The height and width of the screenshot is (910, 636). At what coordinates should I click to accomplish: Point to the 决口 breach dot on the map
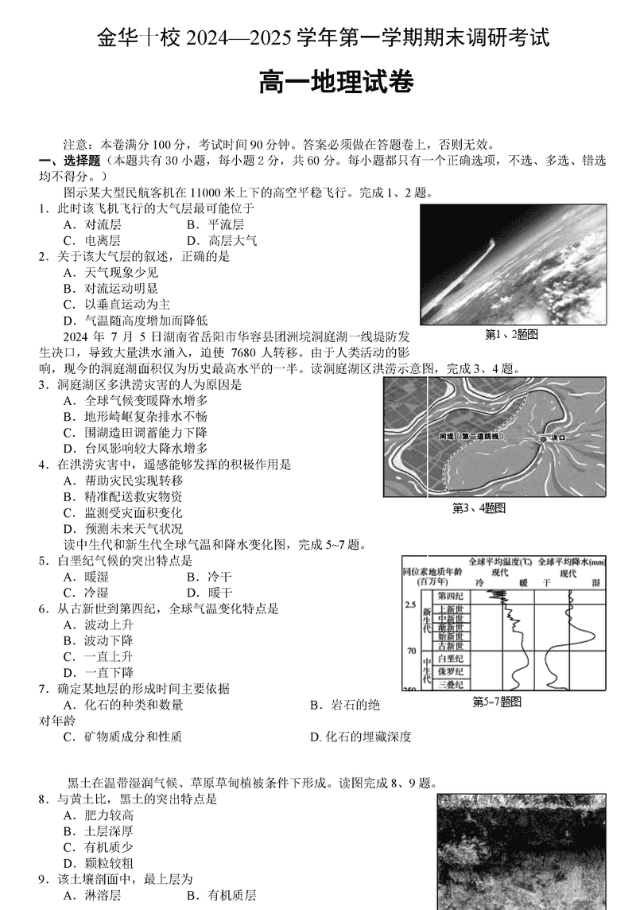point(543,438)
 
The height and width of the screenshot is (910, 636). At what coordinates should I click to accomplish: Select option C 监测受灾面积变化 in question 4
point(123,512)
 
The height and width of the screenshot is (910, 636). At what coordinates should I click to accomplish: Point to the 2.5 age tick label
point(411,605)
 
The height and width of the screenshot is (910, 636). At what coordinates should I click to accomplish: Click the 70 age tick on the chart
point(411,651)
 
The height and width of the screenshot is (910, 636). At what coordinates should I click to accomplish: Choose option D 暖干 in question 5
point(209,593)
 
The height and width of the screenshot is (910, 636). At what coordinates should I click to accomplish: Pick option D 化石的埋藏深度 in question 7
point(361,737)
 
